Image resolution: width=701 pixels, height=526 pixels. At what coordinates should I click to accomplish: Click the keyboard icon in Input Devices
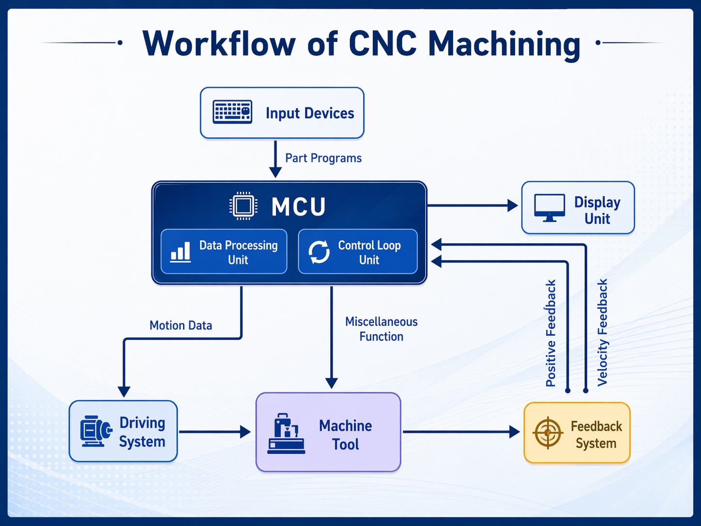[x=232, y=112]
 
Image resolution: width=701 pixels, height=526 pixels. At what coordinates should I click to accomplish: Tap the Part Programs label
[x=323, y=158]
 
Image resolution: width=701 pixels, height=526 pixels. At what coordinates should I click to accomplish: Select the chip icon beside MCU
[x=243, y=206]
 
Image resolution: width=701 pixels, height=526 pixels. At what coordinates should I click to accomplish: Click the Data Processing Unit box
[x=224, y=252]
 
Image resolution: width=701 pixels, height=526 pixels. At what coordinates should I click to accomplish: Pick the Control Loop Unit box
[x=358, y=252]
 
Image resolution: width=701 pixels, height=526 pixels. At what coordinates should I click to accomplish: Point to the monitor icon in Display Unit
[x=549, y=208]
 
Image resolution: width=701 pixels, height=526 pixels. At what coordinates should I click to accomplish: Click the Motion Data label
[x=181, y=325]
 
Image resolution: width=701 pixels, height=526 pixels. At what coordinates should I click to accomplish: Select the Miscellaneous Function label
[x=381, y=329]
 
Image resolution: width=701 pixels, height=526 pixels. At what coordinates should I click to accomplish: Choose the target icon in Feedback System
[x=548, y=433]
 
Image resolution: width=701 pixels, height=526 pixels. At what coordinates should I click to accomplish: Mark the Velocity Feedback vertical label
[x=602, y=332]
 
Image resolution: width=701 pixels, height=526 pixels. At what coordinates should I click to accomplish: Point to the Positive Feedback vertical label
[x=551, y=333]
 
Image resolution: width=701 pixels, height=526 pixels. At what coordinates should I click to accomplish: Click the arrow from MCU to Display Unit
[x=472, y=205]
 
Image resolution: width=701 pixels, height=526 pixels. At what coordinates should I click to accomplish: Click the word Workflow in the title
[x=219, y=44]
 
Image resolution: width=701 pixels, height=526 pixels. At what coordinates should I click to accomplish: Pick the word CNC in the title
[x=382, y=44]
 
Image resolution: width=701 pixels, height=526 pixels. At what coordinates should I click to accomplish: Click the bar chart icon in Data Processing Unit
[x=181, y=252]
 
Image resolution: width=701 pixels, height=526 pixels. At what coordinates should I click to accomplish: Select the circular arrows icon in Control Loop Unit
[x=319, y=252]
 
